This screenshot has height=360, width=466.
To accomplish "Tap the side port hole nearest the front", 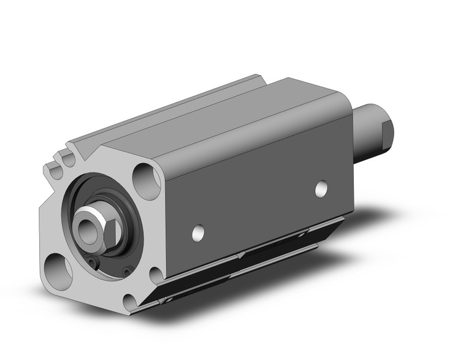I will [x=197, y=233].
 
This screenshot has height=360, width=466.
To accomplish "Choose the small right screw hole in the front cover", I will [x=126, y=270].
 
